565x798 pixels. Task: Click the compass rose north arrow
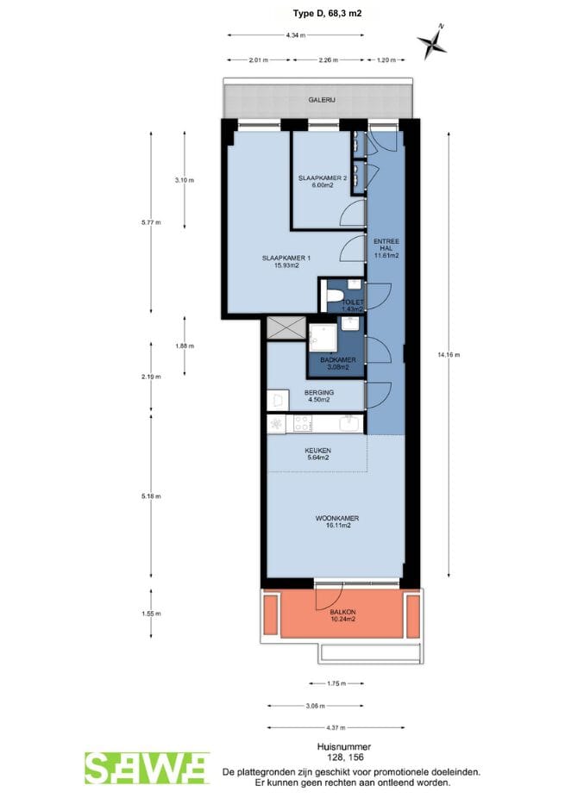pyautogui.click(x=431, y=41)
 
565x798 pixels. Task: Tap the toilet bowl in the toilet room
pyautogui.click(x=334, y=296)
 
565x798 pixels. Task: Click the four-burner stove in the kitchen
pyautogui.click(x=303, y=423)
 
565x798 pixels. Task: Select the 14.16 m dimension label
pyautogui.click(x=449, y=355)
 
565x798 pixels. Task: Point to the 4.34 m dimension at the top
pyautogui.click(x=296, y=35)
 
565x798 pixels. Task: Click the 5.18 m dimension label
pyautogui.click(x=151, y=496)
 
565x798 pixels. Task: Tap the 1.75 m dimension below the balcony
pyautogui.click(x=336, y=683)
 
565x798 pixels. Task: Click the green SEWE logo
pyautogui.click(x=147, y=769)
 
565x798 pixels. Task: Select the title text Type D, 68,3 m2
pyautogui.click(x=327, y=13)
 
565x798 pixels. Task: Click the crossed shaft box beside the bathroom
pyautogui.click(x=286, y=327)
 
